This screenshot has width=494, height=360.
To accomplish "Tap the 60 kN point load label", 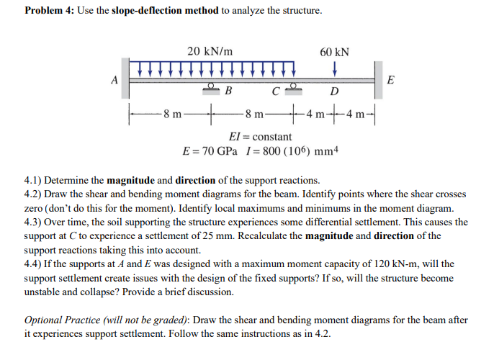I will [x=334, y=52].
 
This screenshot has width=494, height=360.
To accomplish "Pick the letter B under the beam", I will [x=228, y=91].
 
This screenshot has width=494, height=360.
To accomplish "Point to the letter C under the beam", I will [x=275, y=91].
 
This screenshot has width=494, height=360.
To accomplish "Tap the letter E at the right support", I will [x=390, y=80].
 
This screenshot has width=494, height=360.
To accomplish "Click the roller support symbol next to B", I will [x=212, y=87].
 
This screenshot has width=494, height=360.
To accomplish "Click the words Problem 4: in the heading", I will [x=50, y=12].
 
